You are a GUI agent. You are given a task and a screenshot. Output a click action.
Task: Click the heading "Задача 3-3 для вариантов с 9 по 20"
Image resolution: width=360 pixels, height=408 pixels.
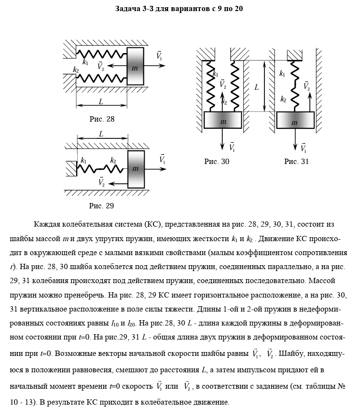[x=179, y=9]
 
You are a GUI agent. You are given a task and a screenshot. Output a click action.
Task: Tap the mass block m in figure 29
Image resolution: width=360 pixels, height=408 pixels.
[x=136, y=169]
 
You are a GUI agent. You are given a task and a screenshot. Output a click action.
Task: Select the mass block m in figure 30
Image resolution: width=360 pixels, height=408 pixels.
[x=222, y=121]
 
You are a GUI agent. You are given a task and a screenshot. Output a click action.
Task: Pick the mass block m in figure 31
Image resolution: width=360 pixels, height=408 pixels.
[x=295, y=121]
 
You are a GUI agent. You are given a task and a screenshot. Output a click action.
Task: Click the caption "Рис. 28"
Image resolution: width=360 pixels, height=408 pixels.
[x=102, y=119]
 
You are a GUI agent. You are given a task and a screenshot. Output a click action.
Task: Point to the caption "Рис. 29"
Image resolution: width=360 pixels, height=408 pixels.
[x=101, y=206]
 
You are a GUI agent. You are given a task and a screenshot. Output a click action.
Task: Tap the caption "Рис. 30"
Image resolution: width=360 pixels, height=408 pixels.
[x=217, y=162]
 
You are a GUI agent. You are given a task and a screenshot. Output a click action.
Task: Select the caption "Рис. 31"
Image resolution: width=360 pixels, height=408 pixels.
[x=296, y=162]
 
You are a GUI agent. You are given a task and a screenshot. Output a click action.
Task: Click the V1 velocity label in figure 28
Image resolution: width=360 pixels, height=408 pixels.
[x=159, y=56]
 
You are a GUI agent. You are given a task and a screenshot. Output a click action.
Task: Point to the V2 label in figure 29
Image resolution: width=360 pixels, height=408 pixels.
[x=101, y=182]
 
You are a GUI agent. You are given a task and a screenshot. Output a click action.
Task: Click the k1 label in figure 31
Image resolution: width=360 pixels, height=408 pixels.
[x=282, y=74]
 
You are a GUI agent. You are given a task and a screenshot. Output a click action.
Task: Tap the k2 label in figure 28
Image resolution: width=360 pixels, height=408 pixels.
[x=76, y=70]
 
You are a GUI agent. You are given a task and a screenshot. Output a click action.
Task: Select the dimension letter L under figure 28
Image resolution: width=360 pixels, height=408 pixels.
[x=100, y=102]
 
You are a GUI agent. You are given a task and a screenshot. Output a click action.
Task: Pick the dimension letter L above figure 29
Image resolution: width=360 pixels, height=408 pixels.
[x=101, y=135]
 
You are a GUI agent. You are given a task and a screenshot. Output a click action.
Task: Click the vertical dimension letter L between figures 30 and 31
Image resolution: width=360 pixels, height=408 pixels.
[x=257, y=87]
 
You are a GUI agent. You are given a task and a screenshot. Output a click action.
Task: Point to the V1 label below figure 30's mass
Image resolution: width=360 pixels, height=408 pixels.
[x=232, y=147]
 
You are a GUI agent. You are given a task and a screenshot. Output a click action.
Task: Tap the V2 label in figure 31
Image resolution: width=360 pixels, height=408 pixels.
[x=306, y=86]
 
